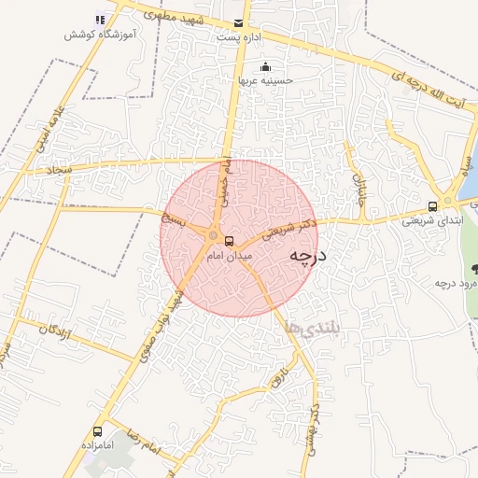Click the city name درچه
pos(307,255)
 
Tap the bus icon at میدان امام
pos(230,241)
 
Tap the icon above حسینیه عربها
pos(266,66)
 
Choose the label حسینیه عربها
pos(266,80)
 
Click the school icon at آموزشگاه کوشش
pos(100,20)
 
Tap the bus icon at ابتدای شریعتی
pos(431,206)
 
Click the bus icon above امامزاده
pos(98,431)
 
